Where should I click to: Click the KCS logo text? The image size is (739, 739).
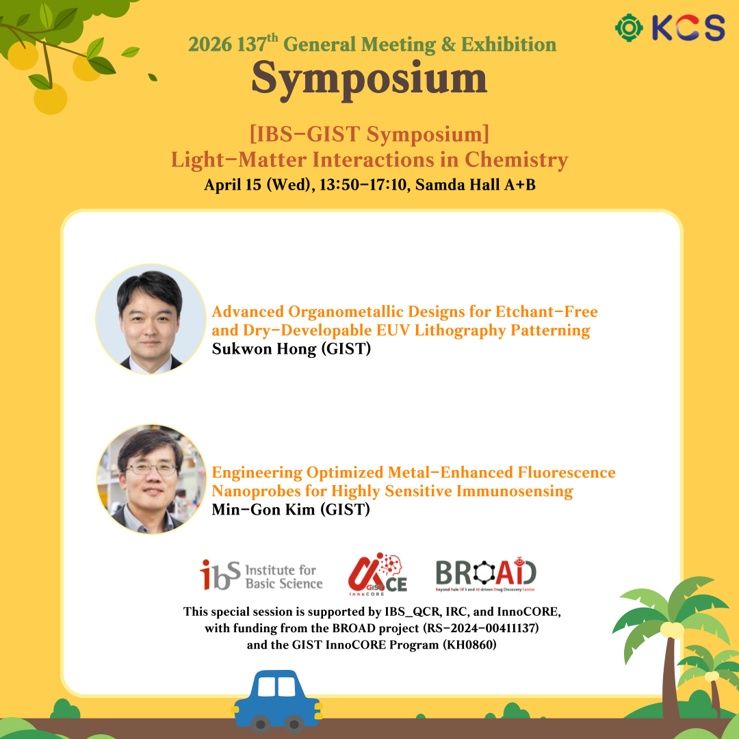pos(688,27)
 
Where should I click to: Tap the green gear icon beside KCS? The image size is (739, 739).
pos(630,28)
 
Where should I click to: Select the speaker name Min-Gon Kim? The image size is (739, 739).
pos(263,510)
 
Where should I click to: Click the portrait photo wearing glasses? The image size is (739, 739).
pos(151,479)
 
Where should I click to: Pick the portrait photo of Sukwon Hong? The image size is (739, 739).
pos(151,319)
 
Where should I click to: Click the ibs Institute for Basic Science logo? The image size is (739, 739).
pos(261,575)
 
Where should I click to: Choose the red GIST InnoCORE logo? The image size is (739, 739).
pos(378,574)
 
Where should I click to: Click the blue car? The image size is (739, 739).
pos(278,701)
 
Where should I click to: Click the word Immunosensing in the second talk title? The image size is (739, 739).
pos(515,491)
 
